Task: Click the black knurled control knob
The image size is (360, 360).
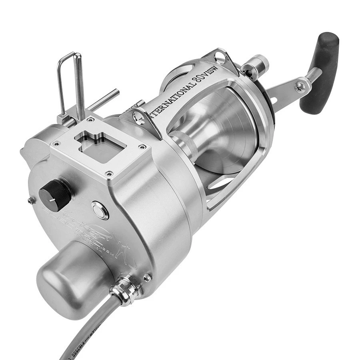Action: pyautogui.click(x=55, y=193)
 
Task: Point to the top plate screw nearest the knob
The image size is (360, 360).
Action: pyautogui.click(x=108, y=174)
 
